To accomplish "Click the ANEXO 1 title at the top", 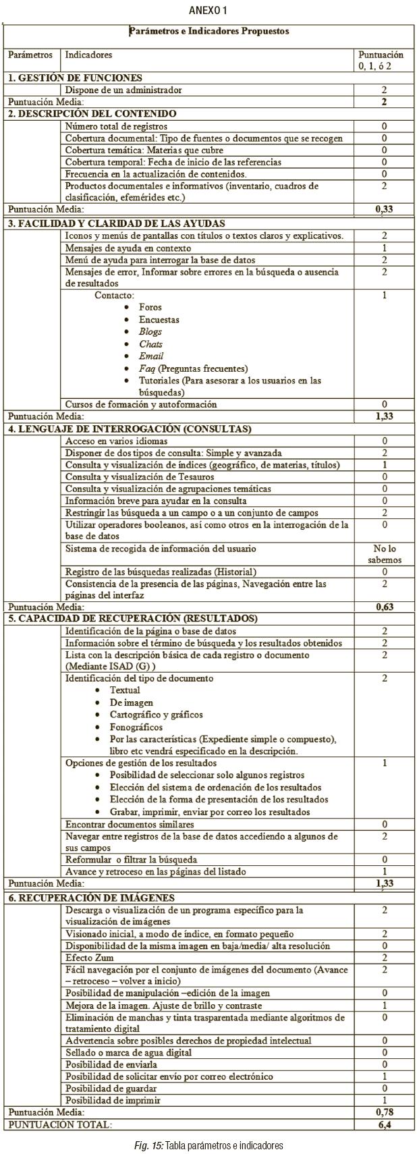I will (x=208, y=10).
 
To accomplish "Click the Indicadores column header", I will (x=88, y=55).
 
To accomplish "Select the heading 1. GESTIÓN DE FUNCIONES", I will (x=75, y=78).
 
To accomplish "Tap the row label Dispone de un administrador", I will (x=123, y=90).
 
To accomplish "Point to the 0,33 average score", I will (x=384, y=209).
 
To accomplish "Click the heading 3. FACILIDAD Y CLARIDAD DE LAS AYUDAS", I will (x=117, y=223).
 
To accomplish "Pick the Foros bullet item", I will (x=150, y=307).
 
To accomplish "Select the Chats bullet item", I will (x=150, y=344).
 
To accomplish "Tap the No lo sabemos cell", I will (x=385, y=555).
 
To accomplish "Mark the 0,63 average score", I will (x=384, y=607).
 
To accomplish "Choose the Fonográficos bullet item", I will (x=136, y=727).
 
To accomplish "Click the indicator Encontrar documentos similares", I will (x=130, y=824).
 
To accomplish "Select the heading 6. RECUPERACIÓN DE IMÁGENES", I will (x=91, y=898).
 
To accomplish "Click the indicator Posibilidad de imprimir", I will (x=113, y=1100).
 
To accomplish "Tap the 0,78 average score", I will (x=384, y=1111).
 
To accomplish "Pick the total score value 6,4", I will (x=384, y=1124).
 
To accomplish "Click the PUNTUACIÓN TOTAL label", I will (x=59, y=1124).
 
